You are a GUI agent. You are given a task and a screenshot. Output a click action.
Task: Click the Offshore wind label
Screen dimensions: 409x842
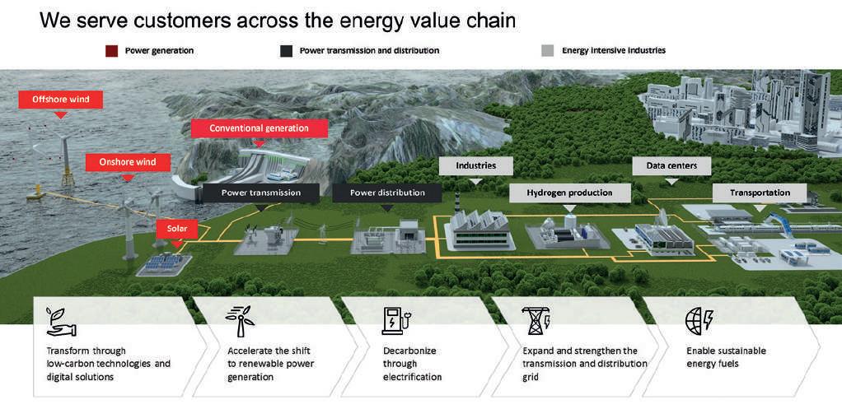coord(60,100)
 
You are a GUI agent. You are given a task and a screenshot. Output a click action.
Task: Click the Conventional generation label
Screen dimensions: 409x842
coord(259,128)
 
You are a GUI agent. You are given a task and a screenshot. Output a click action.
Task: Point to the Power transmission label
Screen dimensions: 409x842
coord(260,193)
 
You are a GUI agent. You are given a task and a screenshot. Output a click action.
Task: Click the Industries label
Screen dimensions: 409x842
coord(475,165)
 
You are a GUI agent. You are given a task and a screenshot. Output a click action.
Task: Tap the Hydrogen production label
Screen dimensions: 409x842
coord(568,193)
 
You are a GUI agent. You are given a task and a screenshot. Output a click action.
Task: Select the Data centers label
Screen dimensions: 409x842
coord(671,165)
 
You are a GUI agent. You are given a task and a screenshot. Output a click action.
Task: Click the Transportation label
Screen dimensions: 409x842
coord(760,193)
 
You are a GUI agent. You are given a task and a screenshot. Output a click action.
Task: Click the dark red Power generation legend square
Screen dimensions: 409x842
coord(111,51)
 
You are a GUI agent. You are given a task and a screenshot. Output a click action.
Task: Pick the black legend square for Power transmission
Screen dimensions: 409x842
coord(286,51)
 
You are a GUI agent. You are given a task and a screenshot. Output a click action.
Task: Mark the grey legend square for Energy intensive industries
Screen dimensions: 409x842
coord(548,51)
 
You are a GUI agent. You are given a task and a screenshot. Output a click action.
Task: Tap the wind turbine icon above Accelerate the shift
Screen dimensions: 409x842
coord(240,321)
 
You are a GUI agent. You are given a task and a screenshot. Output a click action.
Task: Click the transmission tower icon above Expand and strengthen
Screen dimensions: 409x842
coord(536,320)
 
